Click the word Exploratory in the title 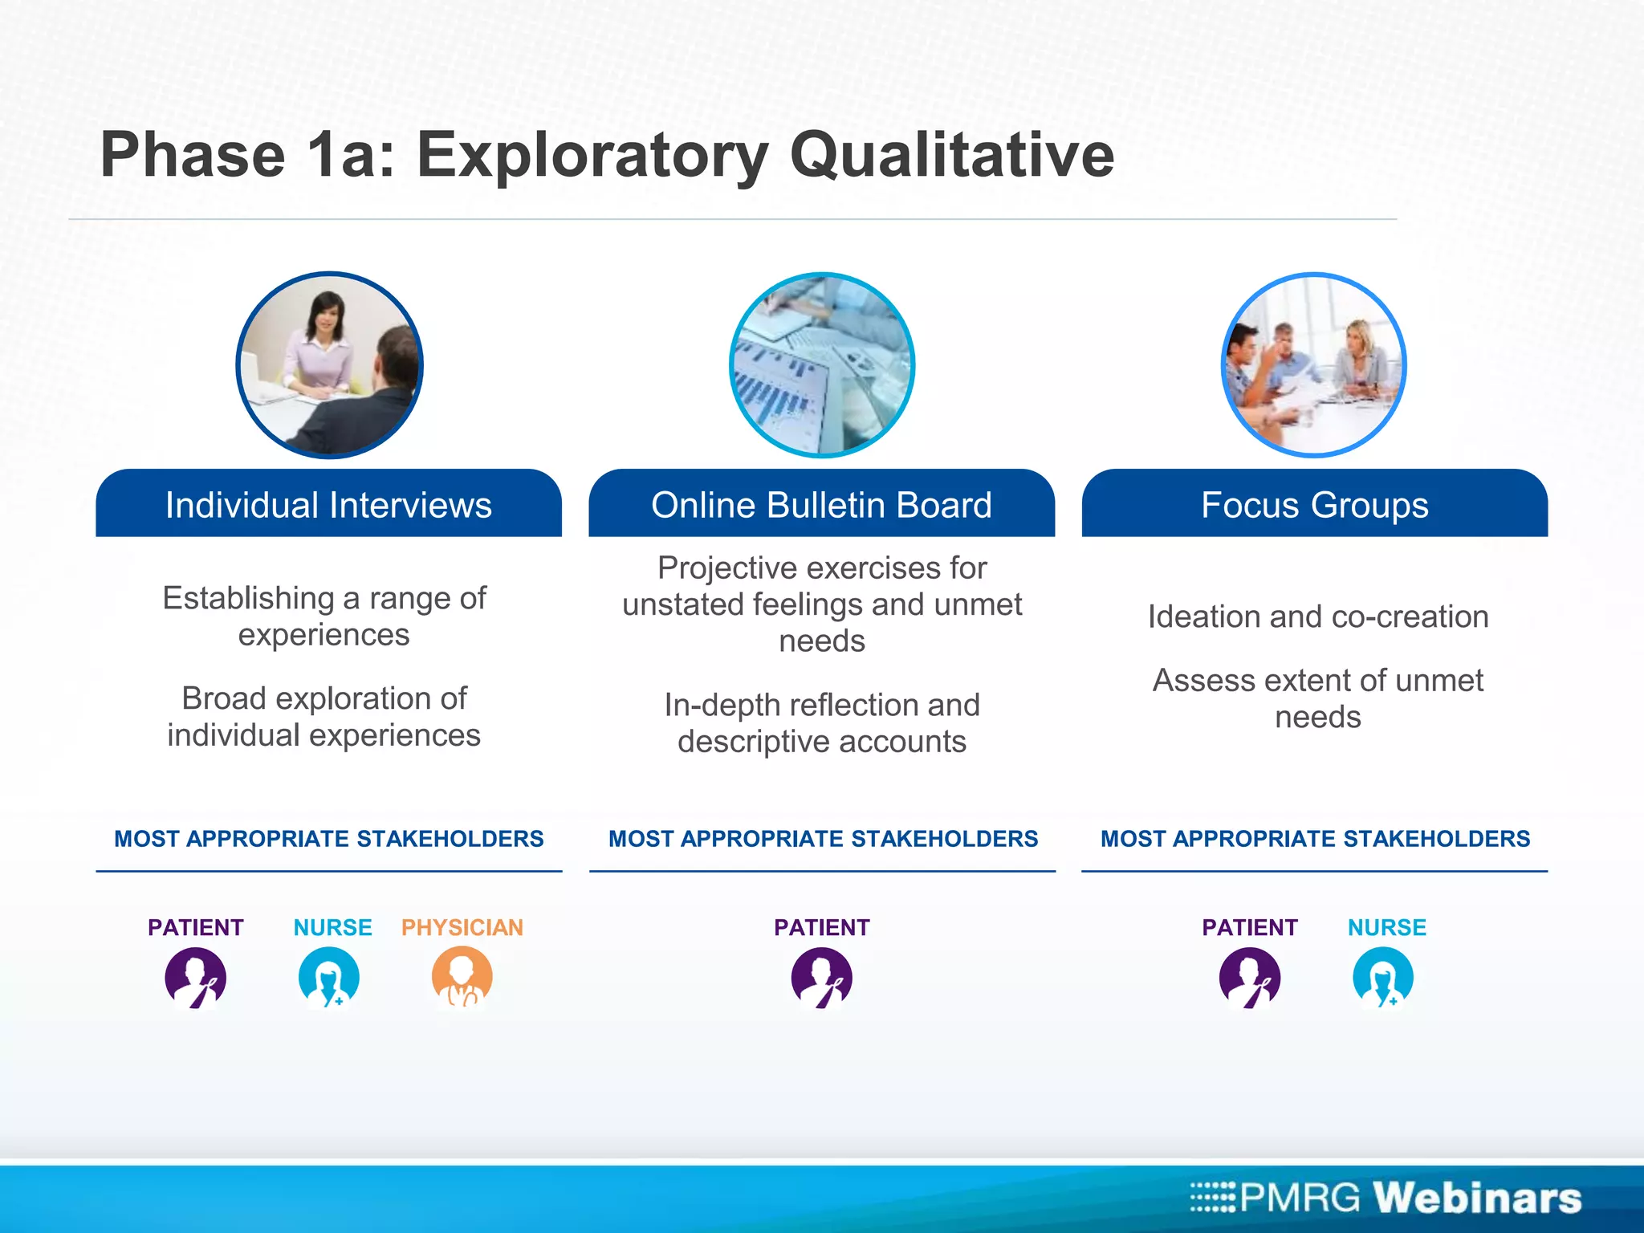[x=592, y=157]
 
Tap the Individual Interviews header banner [x=328, y=505]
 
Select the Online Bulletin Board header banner [x=821, y=505]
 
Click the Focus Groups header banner [x=1314, y=505]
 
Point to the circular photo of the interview [x=329, y=365]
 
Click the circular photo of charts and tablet [x=822, y=365]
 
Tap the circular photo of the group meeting [x=1313, y=365]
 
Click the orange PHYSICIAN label [x=462, y=927]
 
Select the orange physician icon [x=462, y=977]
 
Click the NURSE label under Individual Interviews [x=332, y=927]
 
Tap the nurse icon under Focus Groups [x=1382, y=977]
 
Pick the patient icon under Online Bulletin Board [x=821, y=977]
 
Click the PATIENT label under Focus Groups [x=1249, y=927]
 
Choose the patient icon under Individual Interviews [x=195, y=977]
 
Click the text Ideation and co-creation [x=1317, y=616]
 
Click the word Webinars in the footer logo [x=1476, y=1197]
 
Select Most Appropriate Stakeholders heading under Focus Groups [x=1314, y=839]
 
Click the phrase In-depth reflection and [x=821, y=705]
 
